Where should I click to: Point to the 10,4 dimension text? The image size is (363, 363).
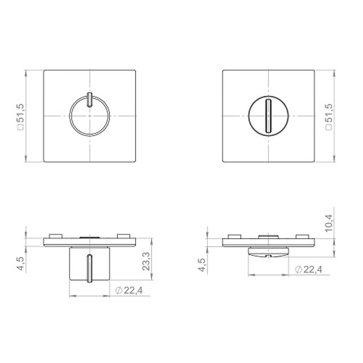coord(330,223)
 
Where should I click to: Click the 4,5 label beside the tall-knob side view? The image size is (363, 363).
coord(20,263)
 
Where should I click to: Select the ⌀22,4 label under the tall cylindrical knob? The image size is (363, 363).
coord(129,290)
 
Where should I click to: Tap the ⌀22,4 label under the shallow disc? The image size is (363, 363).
coord(309,269)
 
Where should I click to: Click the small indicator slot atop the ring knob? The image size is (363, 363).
coord(89,99)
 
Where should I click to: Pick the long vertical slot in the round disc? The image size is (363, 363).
coord(268,116)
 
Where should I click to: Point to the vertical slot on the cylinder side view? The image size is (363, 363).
coord(89,268)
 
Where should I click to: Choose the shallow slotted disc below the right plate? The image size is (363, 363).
coord(268,251)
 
